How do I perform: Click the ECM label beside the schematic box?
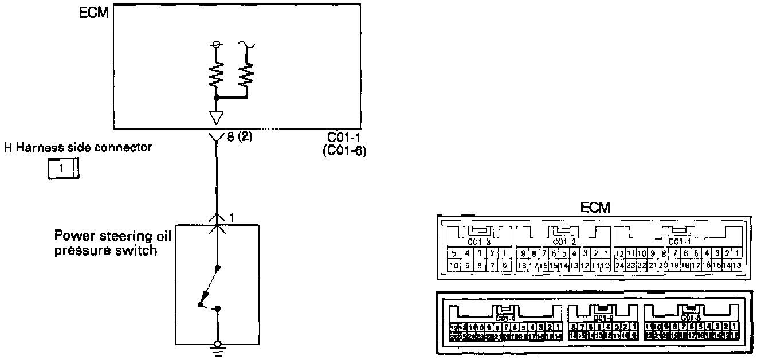(x=93, y=13)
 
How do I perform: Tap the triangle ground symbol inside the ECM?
(x=217, y=117)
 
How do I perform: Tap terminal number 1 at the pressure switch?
(x=232, y=218)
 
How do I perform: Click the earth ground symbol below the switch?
(x=217, y=347)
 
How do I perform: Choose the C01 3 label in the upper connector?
(x=479, y=241)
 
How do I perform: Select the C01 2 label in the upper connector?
(x=562, y=241)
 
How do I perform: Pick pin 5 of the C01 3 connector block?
(x=453, y=253)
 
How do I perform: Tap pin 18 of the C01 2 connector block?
(x=522, y=265)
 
